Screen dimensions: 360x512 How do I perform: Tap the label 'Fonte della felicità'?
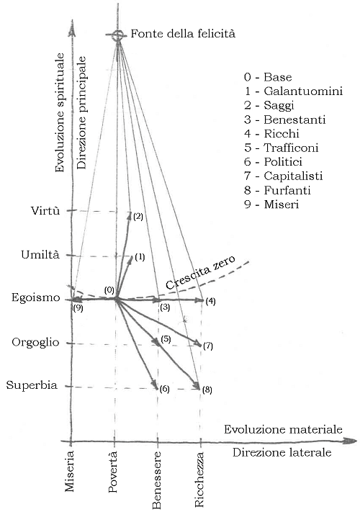[183, 33]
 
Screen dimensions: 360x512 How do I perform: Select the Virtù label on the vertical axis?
[45, 210]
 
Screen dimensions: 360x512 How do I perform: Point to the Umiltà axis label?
[40, 254]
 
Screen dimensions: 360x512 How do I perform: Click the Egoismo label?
[36, 297]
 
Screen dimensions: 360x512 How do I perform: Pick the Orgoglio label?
[35, 342]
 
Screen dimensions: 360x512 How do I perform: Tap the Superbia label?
[32, 385]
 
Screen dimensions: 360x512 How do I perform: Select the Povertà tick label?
[112, 472]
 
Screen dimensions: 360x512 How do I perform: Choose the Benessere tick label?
[156, 480]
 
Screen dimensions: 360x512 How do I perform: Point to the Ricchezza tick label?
[199, 480]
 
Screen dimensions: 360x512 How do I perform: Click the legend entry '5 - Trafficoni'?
[281, 148]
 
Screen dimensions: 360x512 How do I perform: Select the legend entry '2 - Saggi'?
[269, 105]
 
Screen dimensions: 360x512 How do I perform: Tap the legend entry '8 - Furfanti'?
[277, 190]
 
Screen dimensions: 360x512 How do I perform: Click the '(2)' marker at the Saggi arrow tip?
[138, 217]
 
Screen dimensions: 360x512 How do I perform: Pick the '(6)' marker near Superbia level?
[164, 389]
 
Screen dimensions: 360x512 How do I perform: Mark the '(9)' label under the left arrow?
[78, 308]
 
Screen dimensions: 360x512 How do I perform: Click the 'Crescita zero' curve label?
[200, 272]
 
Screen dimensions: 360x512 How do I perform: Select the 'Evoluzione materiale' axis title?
[283, 429]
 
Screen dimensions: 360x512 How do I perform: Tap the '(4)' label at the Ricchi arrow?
[210, 302]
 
